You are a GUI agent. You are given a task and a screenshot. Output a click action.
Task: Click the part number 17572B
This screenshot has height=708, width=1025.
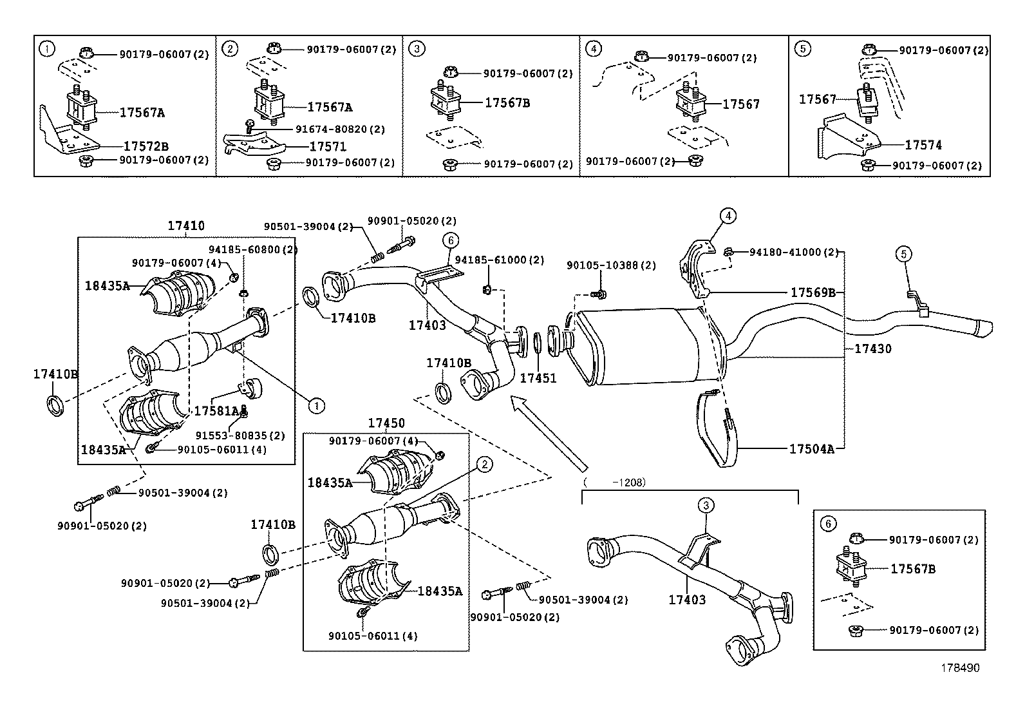pyautogui.click(x=146, y=146)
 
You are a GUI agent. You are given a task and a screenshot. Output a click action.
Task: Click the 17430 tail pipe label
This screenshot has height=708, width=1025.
pyautogui.click(x=872, y=349)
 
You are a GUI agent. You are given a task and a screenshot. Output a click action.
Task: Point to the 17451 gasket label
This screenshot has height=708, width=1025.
pyautogui.click(x=538, y=378)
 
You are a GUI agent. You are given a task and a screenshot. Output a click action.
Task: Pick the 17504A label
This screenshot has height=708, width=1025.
pyautogui.click(x=811, y=449)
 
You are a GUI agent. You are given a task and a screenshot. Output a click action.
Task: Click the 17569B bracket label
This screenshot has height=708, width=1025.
pyautogui.click(x=813, y=292)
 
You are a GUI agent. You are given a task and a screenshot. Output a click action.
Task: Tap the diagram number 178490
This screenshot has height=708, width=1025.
pyautogui.click(x=957, y=668)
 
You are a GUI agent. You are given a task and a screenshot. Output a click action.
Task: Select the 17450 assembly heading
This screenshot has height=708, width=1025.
pyautogui.click(x=386, y=423)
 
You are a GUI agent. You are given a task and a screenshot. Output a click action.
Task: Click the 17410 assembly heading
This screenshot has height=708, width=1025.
pyautogui.click(x=186, y=226)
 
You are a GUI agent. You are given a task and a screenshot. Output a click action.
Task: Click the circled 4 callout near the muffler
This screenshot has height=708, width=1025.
pyautogui.click(x=727, y=216)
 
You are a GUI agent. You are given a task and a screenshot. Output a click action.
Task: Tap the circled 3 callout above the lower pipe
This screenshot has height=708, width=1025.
pyautogui.click(x=706, y=505)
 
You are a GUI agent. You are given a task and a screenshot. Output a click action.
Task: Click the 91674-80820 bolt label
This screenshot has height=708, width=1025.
pyautogui.click(x=340, y=129)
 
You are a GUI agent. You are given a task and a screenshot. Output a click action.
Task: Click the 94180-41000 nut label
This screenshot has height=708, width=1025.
pyautogui.click(x=794, y=252)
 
